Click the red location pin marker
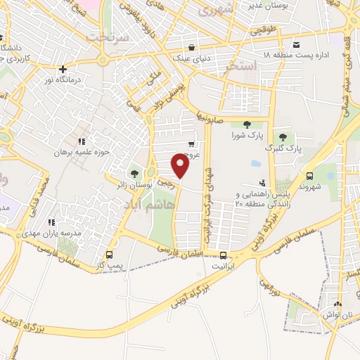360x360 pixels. [x=181, y=166]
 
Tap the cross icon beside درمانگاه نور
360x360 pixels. [x=63, y=70]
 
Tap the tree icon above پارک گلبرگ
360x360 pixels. [x=283, y=137]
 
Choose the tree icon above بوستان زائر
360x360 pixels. [x=134, y=173]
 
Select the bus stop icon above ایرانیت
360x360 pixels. [x=223, y=255]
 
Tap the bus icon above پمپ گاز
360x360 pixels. [x=108, y=255]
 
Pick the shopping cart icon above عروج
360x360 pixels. [x=191, y=144]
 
